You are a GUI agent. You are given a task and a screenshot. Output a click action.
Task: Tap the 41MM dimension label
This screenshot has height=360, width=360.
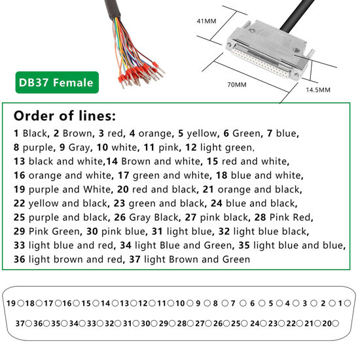[206, 21]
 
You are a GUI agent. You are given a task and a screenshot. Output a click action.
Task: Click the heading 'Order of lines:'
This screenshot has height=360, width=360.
[64, 116]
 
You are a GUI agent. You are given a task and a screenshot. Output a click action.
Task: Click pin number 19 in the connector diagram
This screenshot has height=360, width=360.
[11, 304]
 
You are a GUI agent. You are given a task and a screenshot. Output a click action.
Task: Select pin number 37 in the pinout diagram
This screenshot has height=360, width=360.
[20, 323]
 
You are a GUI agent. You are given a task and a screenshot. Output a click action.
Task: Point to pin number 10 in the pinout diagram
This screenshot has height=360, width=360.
[180, 304]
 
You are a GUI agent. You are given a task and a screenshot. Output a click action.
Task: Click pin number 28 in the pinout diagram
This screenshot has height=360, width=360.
[181, 323]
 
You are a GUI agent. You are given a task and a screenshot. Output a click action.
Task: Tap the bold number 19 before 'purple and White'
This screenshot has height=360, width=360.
[18, 189]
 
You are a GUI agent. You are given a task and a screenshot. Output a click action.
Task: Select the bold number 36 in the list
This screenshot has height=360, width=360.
[18, 259]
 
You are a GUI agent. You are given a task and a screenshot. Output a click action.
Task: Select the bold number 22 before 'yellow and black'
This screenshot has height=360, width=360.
[18, 204]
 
